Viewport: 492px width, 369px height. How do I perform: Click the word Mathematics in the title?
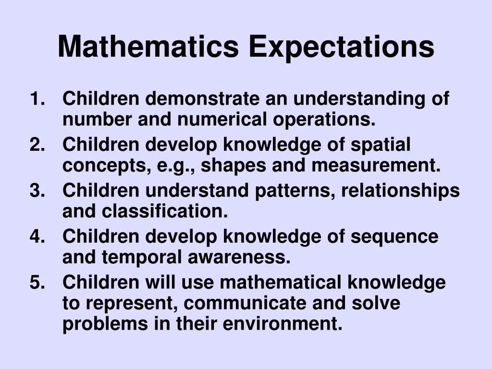pyautogui.click(x=148, y=47)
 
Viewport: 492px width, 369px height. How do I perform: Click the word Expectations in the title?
pyautogui.click(x=341, y=47)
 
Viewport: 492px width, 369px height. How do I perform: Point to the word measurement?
pyautogui.click(x=376, y=166)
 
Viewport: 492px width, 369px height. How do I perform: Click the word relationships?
pyautogui.click(x=401, y=191)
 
